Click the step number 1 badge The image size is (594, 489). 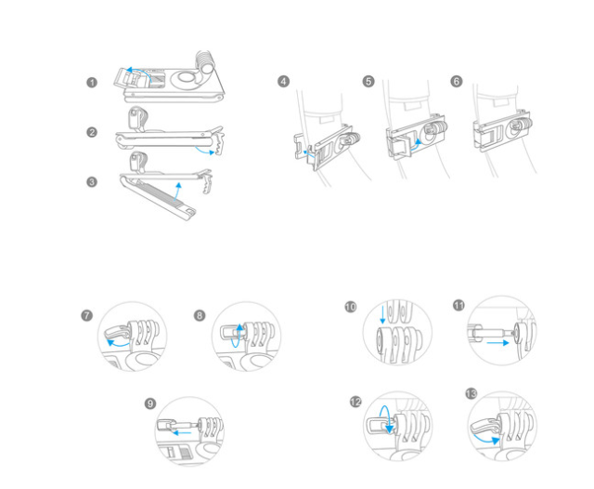click(92, 83)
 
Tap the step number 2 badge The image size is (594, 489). click(92, 133)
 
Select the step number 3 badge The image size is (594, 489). click(92, 181)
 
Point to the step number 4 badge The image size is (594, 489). click(283, 82)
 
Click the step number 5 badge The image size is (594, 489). click(368, 82)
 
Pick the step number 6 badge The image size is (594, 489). click(456, 82)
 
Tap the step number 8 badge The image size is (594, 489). click(200, 316)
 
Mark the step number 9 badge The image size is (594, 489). click(150, 403)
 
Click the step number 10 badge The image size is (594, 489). click(349, 306)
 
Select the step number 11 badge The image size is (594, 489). click(458, 306)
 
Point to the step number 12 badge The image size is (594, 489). click(355, 403)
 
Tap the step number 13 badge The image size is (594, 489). click(471, 394)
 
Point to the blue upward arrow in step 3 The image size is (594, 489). click(177, 191)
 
